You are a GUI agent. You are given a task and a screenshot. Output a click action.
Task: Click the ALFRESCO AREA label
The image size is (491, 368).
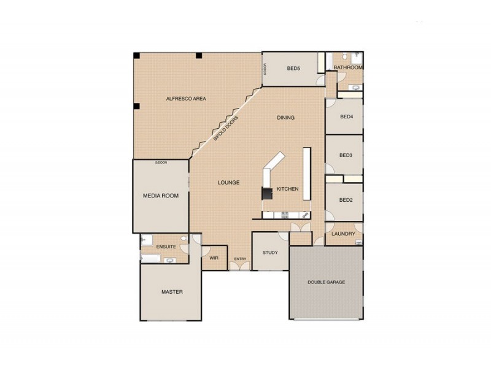[x=185, y=98]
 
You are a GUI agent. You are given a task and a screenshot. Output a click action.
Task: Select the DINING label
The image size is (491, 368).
[x=285, y=118]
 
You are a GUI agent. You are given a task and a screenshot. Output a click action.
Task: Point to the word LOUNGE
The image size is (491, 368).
[x=228, y=183]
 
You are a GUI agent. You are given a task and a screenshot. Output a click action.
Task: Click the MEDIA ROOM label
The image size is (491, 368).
[x=160, y=196]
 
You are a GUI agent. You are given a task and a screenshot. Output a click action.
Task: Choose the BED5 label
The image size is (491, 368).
[x=293, y=68]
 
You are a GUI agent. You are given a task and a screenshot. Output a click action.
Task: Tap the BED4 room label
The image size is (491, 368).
[x=346, y=117]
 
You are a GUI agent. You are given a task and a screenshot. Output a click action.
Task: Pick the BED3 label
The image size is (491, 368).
[x=346, y=155]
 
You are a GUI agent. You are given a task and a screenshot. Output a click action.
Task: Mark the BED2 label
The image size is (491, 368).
[x=346, y=200]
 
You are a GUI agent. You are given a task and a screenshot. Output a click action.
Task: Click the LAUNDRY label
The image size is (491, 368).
[x=344, y=234]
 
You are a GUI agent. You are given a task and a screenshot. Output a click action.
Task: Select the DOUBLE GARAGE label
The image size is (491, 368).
[x=326, y=282]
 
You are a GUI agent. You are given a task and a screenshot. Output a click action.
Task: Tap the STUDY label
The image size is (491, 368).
[x=270, y=253]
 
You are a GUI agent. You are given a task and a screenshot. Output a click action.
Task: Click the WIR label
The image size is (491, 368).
[x=214, y=258]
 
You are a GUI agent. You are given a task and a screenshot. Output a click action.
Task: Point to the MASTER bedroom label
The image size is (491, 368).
[x=172, y=292]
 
